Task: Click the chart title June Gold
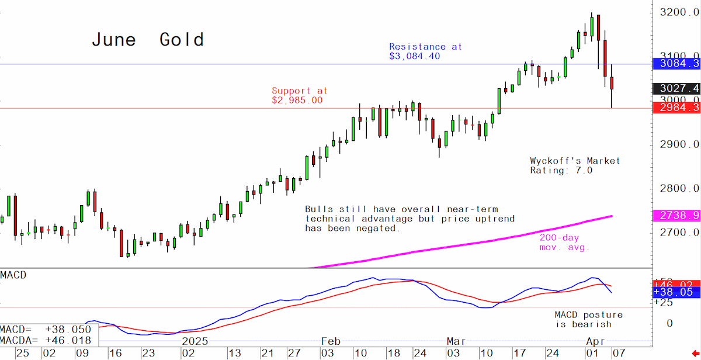pos(148,40)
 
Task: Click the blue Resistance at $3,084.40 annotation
pos(426,51)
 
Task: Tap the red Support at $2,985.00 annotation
pos(300,95)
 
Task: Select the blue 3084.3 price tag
pos(676,64)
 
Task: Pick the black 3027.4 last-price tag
pos(676,89)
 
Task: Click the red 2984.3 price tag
pos(676,108)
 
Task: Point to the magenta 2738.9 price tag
pos(676,216)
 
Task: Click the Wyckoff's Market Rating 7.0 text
pos(575,165)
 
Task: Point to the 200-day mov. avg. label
pos(564,243)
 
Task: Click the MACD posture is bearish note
pos(589,319)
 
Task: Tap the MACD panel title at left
pos(13,275)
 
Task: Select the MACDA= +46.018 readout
pos(46,341)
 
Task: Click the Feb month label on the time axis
pos(331,341)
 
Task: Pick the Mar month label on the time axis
pos(456,341)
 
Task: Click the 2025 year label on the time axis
pos(195,341)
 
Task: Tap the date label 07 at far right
pos(619,354)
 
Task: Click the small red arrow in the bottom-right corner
pos(695,354)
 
